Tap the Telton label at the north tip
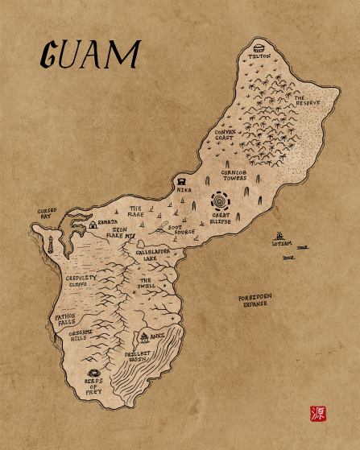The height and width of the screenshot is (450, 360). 259,56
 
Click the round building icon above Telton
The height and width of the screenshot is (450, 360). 259,46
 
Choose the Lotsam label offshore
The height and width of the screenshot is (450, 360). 281,242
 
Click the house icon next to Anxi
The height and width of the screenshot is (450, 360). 145,337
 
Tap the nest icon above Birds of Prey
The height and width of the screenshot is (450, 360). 93,374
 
